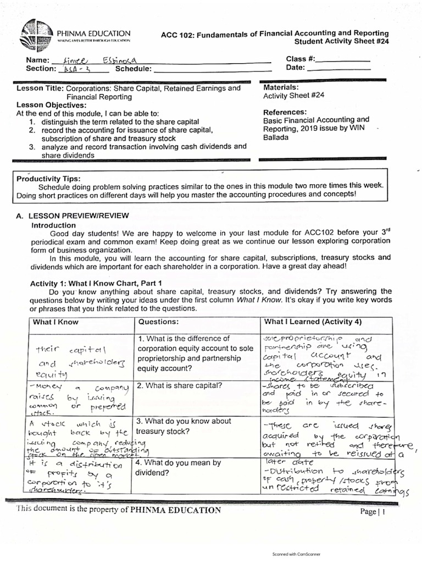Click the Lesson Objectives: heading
pos(52,105)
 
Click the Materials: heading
pos(281,87)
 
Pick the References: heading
pos(285,112)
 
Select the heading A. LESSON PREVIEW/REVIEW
pos(77,217)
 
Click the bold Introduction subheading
pos(54,225)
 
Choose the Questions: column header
pos(159,322)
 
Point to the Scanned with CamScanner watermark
pos(296,554)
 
